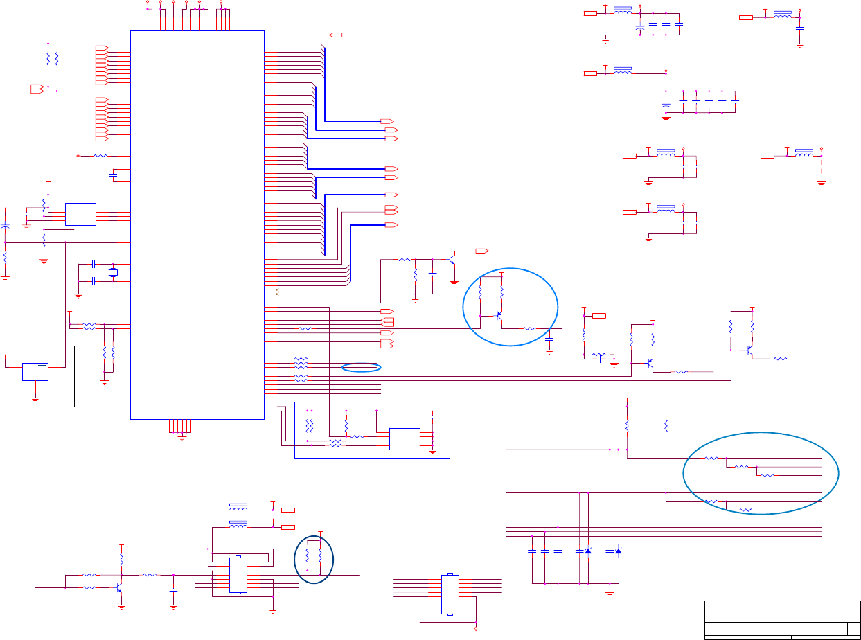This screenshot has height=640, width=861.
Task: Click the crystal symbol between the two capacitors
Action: (114, 273)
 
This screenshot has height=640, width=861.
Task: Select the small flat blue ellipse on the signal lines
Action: (362, 367)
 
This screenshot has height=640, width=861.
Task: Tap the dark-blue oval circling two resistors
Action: (314, 559)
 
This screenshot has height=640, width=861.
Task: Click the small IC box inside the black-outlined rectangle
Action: (35, 371)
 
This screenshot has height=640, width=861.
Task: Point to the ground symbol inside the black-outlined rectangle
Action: (35, 399)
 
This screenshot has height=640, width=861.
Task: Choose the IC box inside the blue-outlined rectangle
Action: (405, 439)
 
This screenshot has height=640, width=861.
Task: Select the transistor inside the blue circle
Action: (499, 315)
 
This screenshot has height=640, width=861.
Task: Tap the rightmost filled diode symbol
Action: (618, 551)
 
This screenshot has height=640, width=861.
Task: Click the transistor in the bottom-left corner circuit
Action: (119, 588)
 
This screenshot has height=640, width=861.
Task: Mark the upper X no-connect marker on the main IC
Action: (277, 290)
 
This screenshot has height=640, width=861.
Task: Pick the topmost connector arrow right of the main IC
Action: (337, 35)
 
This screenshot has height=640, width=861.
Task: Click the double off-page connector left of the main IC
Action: (37, 88)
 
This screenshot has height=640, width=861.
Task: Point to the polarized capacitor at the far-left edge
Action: (6, 227)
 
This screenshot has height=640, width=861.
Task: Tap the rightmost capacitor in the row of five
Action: (735, 102)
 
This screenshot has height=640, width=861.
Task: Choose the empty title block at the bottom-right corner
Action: (782, 619)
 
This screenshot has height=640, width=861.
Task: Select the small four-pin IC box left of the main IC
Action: (80, 214)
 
